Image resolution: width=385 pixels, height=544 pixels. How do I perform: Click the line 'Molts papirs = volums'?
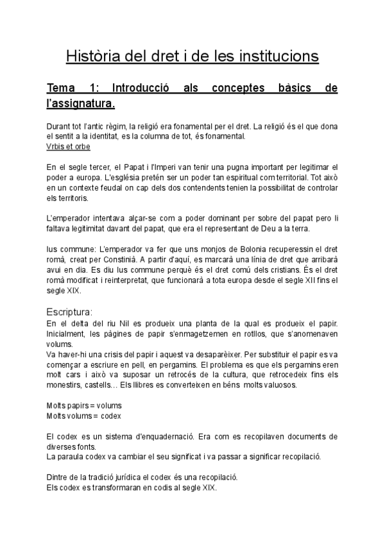coord(84,405)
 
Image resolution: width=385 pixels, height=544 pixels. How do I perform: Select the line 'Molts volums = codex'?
coord(84,416)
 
